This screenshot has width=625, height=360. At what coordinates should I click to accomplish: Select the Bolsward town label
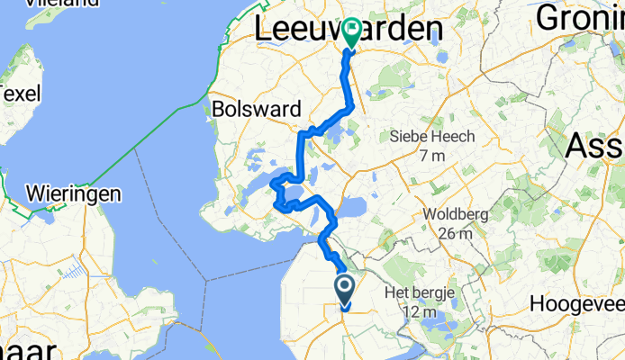pos(258,109)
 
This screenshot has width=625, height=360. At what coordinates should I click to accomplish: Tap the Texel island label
pos(15,93)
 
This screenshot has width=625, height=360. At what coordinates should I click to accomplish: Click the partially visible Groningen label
pos(581,17)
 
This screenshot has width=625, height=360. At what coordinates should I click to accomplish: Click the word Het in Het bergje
pos(398,293)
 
